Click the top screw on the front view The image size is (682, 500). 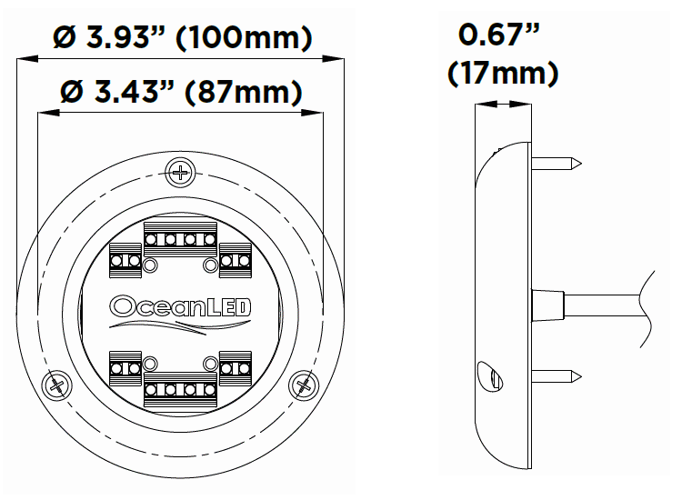pyautogui.click(x=182, y=171)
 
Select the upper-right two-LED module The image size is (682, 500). pyautogui.click(x=235, y=261)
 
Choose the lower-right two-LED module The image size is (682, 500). pyautogui.click(x=235, y=368)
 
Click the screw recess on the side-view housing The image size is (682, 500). pyautogui.click(x=487, y=374)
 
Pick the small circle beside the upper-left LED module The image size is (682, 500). pyautogui.click(x=150, y=265)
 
